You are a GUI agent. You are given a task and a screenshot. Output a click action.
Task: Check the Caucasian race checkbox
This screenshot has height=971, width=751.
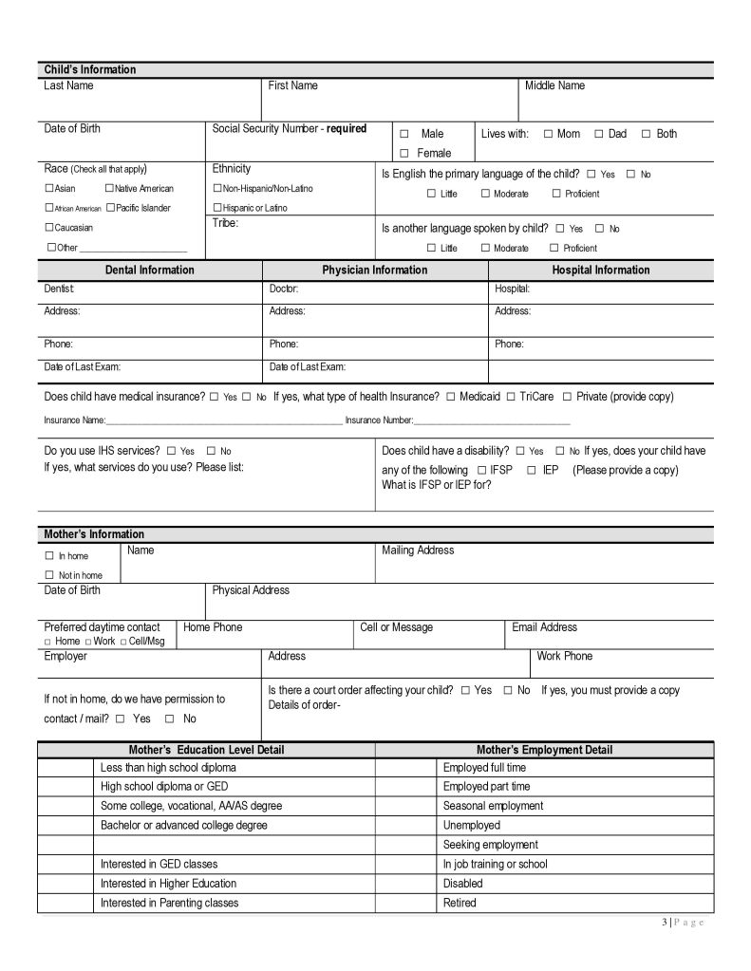(x=49, y=228)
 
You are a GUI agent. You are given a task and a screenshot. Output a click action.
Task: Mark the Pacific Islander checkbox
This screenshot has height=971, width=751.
(x=110, y=208)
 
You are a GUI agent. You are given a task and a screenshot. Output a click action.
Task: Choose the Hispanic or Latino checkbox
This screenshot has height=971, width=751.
(x=217, y=208)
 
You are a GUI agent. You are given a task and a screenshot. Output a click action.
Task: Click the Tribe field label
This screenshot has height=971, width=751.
(x=225, y=224)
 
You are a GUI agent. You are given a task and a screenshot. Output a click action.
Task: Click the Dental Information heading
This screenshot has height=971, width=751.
(x=149, y=271)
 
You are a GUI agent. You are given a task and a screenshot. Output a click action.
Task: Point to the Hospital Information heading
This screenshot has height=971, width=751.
(x=600, y=271)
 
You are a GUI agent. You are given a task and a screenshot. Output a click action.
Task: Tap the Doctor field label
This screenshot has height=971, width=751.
(x=284, y=288)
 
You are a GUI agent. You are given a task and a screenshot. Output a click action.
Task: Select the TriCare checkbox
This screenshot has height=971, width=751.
(x=511, y=397)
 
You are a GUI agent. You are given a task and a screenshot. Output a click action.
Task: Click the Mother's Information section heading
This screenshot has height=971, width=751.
(x=94, y=534)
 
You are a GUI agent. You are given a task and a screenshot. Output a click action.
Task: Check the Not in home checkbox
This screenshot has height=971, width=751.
(x=49, y=575)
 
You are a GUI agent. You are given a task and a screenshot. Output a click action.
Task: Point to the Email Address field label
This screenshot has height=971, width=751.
(x=544, y=627)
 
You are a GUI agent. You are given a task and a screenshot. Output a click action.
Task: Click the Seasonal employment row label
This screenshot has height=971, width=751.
(x=493, y=806)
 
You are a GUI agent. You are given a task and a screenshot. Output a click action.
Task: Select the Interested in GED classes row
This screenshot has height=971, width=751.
(x=159, y=865)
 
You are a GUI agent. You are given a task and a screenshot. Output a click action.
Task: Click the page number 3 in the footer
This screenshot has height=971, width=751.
(x=664, y=924)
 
